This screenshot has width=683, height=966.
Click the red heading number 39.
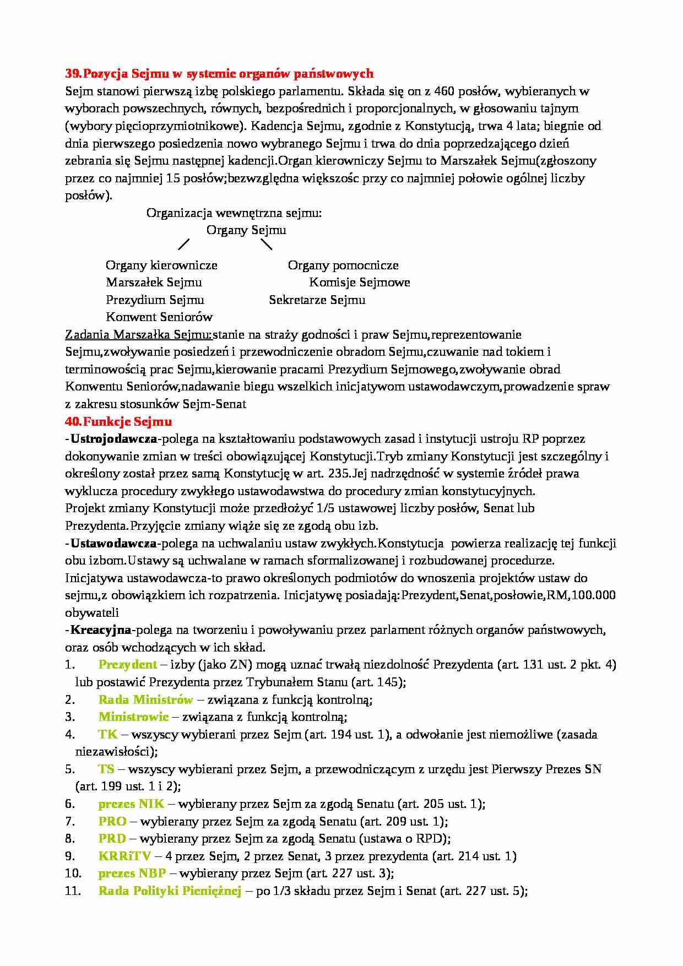tap(73, 74)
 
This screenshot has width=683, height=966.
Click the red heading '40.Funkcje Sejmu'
tap(118, 422)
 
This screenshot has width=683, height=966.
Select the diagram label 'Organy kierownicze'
tap(161, 265)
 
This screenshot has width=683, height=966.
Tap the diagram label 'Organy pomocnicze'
tap(343, 265)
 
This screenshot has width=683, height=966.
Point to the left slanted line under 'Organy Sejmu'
tap(184, 243)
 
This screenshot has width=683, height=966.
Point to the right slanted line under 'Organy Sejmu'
tap(266, 243)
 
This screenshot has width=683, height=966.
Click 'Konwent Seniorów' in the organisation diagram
tap(159, 317)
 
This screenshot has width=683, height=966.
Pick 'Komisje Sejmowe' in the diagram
tap(360, 283)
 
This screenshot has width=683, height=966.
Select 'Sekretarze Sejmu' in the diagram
tap(317, 300)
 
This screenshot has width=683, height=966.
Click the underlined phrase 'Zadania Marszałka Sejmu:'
tap(138, 335)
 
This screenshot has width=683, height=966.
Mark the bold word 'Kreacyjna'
tap(101, 630)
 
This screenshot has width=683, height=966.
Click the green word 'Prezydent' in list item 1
tap(127, 665)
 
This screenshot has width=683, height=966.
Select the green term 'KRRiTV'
tap(124, 856)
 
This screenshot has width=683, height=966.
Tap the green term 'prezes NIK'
tap(131, 804)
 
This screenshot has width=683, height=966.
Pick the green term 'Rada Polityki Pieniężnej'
tap(170, 891)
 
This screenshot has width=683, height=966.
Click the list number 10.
tap(73, 873)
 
